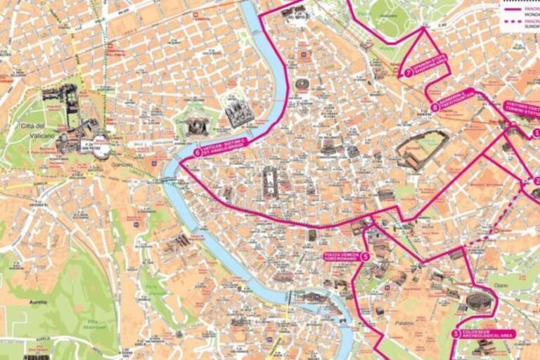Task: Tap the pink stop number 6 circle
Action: [x=197, y=152]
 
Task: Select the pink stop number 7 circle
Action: [x=409, y=72]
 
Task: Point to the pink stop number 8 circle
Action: [x=435, y=107]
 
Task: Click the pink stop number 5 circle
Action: [x=365, y=257]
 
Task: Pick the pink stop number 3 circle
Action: [x=456, y=335]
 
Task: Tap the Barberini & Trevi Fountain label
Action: [x=457, y=99]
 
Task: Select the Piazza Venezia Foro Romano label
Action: [x=342, y=257]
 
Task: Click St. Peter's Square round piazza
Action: [x=101, y=148]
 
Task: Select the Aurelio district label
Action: [x=38, y=302]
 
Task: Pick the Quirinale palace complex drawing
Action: [x=420, y=150]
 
